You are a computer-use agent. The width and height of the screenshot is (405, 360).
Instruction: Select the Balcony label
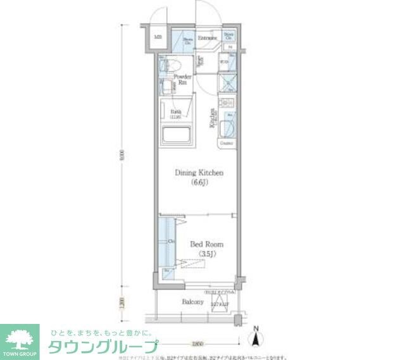[x=193, y=302]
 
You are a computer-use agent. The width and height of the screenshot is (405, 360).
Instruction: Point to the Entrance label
[x=208, y=38]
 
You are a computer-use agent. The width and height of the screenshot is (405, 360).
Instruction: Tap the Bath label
[x=175, y=113]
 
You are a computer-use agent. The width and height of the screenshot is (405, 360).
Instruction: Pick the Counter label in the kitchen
[x=227, y=144]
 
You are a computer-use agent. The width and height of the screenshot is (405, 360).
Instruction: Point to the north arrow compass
[x=255, y=335]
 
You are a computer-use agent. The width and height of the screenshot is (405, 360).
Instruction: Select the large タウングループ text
[x=101, y=347]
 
